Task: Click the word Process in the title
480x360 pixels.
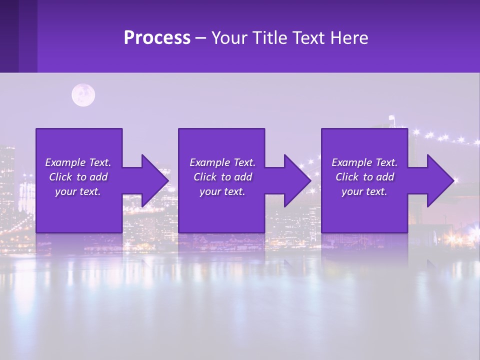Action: (x=157, y=38)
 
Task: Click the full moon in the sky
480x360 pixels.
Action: (x=83, y=95)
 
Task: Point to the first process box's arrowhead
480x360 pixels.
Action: (x=155, y=180)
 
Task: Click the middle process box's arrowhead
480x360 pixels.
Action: (x=298, y=180)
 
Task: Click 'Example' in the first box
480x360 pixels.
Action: (x=65, y=162)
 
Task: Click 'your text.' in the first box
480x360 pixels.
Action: (x=78, y=191)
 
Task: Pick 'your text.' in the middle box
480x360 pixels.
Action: (x=222, y=191)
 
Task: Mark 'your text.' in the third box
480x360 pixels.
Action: (x=364, y=191)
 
